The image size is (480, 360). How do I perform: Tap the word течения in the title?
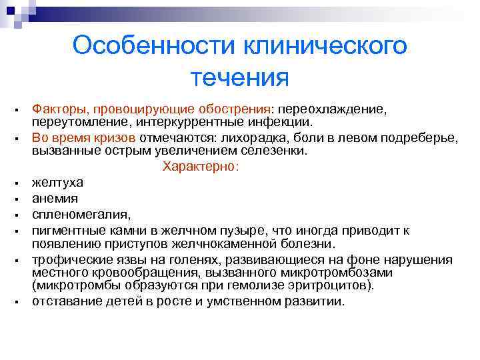(x=239, y=77)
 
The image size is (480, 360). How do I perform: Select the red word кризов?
(x=115, y=137)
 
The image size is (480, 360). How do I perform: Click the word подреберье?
(x=419, y=137)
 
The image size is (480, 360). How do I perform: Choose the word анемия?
(x=55, y=199)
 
